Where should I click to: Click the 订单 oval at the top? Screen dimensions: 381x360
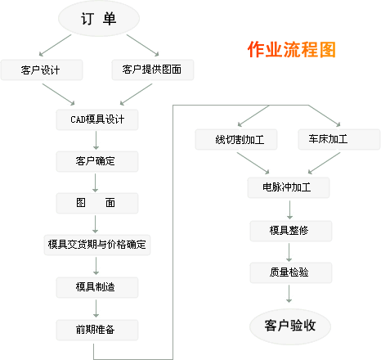tap(99, 19)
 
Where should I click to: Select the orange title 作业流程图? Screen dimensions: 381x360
tap(291, 49)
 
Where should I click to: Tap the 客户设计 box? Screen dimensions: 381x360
tap(42, 70)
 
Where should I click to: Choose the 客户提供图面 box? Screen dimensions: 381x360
tap(153, 70)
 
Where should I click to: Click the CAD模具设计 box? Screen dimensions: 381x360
tap(97, 119)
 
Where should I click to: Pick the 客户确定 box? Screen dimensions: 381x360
tap(97, 161)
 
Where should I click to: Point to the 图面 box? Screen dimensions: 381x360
tap(97, 203)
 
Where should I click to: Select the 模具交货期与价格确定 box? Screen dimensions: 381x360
tap(97, 245)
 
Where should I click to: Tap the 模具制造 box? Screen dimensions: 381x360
tap(97, 287)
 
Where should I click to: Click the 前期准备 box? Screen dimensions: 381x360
tap(97, 330)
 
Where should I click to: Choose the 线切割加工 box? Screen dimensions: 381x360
tap(236, 139)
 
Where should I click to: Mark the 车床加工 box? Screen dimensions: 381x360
tap(339, 139)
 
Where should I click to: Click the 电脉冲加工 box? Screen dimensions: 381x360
tap(289, 187)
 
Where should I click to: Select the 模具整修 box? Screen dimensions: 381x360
tap(291, 231)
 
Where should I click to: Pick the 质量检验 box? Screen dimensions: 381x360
tap(291, 272)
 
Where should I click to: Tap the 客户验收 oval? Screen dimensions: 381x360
tap(290, 326)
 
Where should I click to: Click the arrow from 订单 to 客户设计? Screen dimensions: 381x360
tap(55, 45)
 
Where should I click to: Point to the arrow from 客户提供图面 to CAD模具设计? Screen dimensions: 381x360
tap(136, 94)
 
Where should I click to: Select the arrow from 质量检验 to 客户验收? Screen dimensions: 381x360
tap(289, 294)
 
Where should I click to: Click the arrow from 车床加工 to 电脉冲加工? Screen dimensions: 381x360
tap(324, 163)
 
